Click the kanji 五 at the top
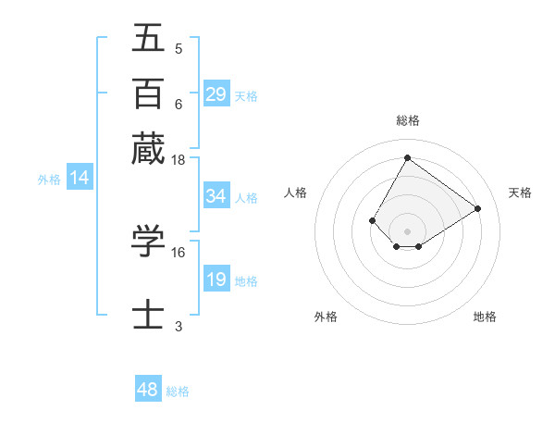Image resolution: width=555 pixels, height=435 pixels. click(148, 39)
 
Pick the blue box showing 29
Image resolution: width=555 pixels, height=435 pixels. click(216, 94)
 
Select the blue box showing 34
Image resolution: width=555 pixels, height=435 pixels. click(216, 196)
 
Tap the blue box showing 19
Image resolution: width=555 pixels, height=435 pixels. click(216, 280)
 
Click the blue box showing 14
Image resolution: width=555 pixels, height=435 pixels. click(79, 178)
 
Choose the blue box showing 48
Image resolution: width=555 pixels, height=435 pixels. click(147, 390)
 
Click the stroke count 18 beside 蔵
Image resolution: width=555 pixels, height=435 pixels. click(179, 160)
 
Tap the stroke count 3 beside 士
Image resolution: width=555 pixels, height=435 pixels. click(179, 326)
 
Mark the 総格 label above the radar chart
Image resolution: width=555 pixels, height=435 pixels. click(407, 120)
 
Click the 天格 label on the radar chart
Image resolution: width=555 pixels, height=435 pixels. click(520, 193)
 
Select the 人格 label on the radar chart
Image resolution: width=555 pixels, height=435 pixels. click(295, 193)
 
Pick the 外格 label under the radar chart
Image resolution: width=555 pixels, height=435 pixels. click(326, 317)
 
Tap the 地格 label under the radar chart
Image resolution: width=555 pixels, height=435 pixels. click(485, 317)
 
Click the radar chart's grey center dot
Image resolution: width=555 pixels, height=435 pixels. click(407, 230)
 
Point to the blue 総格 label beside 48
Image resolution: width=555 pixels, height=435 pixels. click(178, 391)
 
